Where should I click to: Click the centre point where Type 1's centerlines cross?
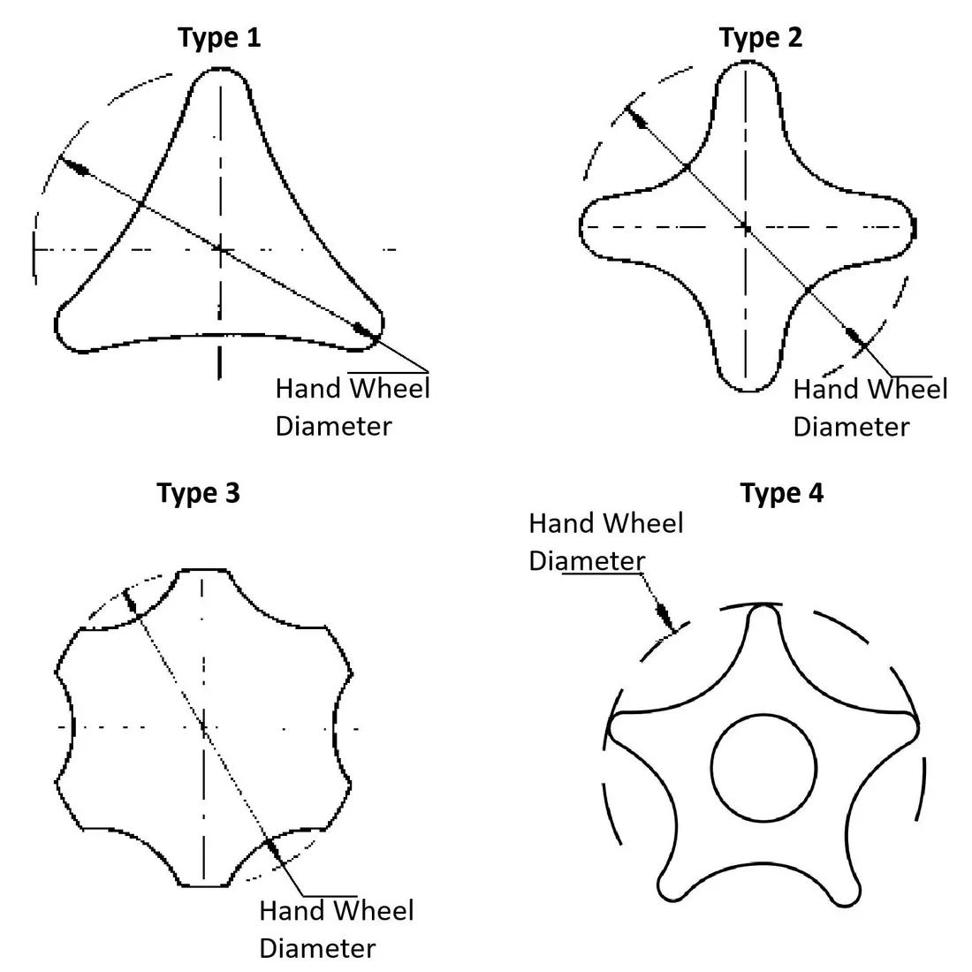[220, 249]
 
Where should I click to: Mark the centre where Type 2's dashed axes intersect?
[747, 228]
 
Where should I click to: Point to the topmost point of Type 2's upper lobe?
[748, 61]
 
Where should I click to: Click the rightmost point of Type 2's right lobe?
[915, 228]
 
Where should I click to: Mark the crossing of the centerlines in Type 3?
[203, 726]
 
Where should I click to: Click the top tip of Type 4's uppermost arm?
[763, 604]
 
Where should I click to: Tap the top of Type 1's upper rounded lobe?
[220, 67]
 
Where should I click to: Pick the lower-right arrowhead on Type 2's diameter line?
[859, 338]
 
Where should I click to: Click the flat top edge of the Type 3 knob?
[203, 568]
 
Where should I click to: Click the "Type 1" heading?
[219, 38]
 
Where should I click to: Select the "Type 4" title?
[782, 493]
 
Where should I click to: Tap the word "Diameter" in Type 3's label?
[317, 948]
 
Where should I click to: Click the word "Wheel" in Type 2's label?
[908, 390]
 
